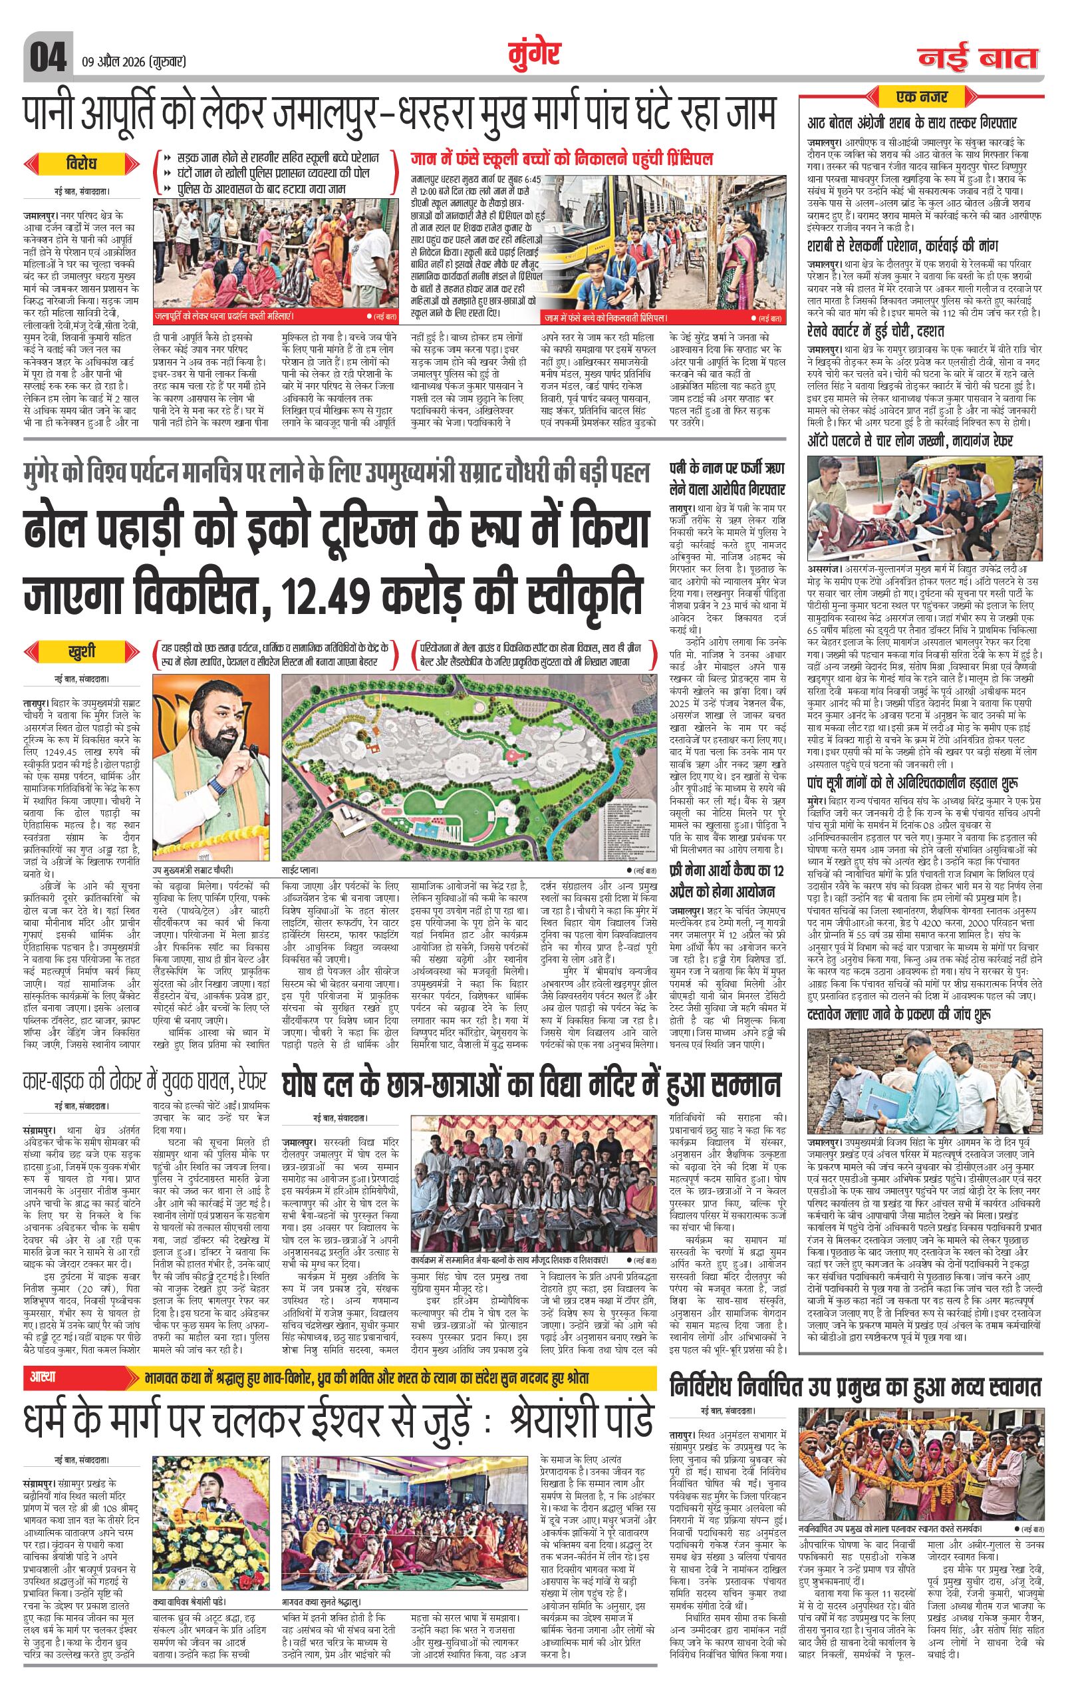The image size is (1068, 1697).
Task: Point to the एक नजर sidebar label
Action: (922, 96)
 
